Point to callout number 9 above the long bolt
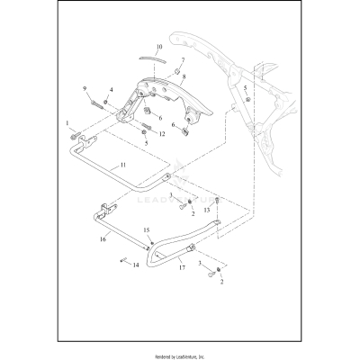coord(85,88)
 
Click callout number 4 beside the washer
coord(111,89)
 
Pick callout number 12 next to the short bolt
coord(162,134)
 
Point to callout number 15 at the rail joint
coord(146,231)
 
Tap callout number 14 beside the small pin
coord(135,265)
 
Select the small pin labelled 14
coord(120,261)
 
